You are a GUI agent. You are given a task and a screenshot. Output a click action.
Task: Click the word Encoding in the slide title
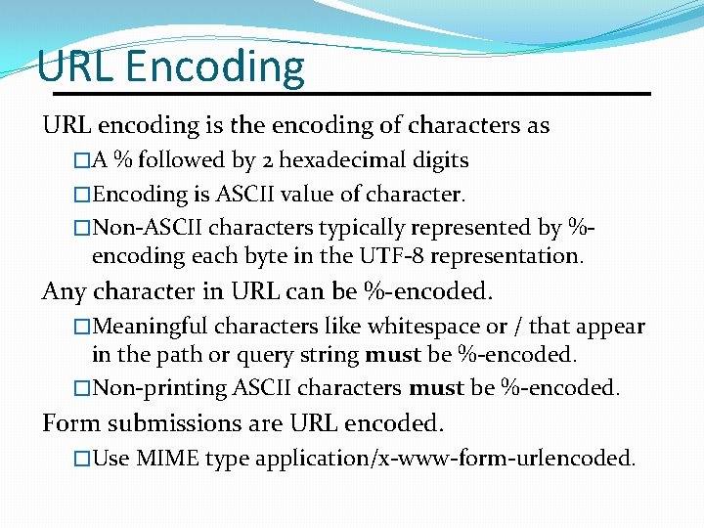click(215, 66)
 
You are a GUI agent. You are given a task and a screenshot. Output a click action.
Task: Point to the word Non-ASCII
click(145, 228)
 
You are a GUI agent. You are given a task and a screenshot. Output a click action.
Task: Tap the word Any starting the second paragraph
click(60, 292)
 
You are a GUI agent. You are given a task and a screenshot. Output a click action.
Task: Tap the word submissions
click(169, 423)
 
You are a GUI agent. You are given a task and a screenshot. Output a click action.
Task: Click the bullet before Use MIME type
click(82, 458)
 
